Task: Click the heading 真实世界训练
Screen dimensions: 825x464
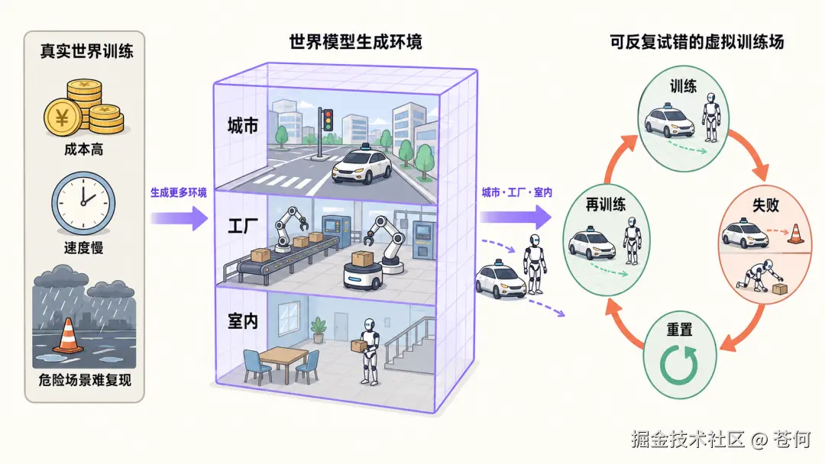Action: (87, 51)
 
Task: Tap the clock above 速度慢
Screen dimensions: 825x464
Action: (83, 203)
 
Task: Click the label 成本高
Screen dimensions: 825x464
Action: (84, 150)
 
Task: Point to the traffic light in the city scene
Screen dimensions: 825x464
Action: (327, 120)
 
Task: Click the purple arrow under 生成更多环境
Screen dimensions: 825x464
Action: (180, 218)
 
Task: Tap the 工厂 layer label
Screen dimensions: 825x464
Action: (243, 226)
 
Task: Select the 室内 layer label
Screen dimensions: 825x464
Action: (243, 321)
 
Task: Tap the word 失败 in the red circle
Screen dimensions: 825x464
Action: (765, 205)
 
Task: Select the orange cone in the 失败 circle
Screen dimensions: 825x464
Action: (795, 234)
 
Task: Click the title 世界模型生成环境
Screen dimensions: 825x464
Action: (356, 41)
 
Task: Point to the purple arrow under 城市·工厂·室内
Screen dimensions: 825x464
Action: (515, 217)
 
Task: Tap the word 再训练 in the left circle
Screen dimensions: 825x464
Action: (606, 205)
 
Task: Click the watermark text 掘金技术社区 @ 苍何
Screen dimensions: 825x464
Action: (721, 439)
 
